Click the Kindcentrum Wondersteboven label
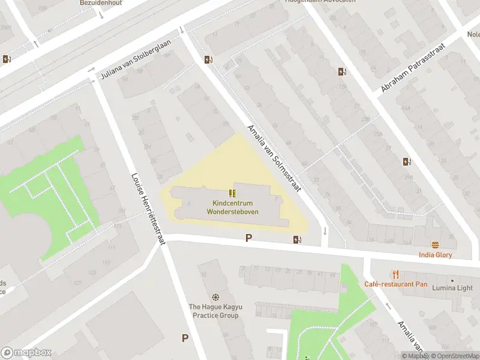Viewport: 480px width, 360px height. click(x=231, y=208)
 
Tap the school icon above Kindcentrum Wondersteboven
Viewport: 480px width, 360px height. click(x=232, y=193)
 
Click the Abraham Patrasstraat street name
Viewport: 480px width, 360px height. click(x=414, y=68)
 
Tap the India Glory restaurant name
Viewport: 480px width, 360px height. click(x=436, y=255)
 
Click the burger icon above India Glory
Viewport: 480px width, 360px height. click(x=436, y=245)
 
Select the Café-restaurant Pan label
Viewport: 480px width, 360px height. click(x=395, y=284)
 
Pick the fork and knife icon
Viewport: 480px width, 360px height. click(x=395, y=274)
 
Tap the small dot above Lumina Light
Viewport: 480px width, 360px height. click(x=452, y=280)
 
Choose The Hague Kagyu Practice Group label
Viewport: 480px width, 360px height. click(x=214, y=311)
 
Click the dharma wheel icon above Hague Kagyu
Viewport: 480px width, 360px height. click(x=215, y=298)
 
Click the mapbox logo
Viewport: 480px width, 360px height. click(x=26, y=353)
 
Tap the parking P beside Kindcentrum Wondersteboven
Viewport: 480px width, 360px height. click(x=248, y=238)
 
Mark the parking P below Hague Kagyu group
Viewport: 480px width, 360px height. click(x=185, y=338)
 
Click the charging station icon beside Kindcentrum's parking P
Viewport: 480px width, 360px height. click(x=297, y=240)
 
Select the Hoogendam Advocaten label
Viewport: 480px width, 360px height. click(x=319, y=2)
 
